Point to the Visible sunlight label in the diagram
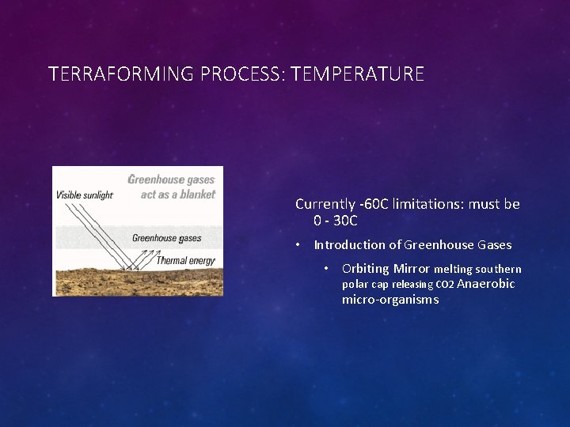(x=84, y=195)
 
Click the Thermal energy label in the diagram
(x=185, y=260)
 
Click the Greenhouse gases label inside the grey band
(x=166, y=238)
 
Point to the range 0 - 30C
(x=335, y=221)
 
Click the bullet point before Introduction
(x=298, y=245)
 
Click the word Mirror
(x=411, y=269)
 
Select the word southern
(x=498, y=270)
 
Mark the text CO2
(x=445, y=285)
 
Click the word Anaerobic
(x=486, y=284)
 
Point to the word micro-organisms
(x=389, y=300)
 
